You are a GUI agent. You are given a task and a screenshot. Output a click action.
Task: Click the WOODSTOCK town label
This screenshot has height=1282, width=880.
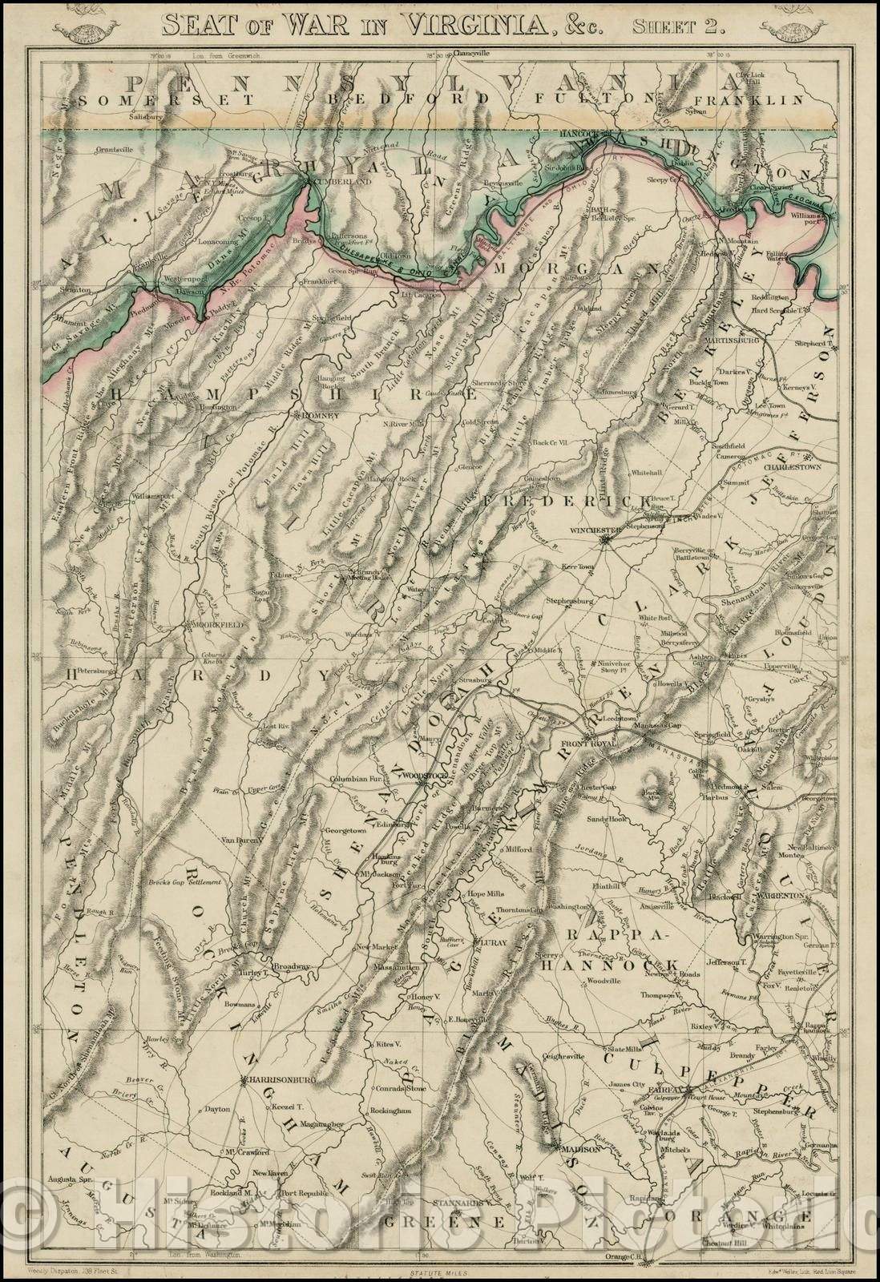422,776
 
